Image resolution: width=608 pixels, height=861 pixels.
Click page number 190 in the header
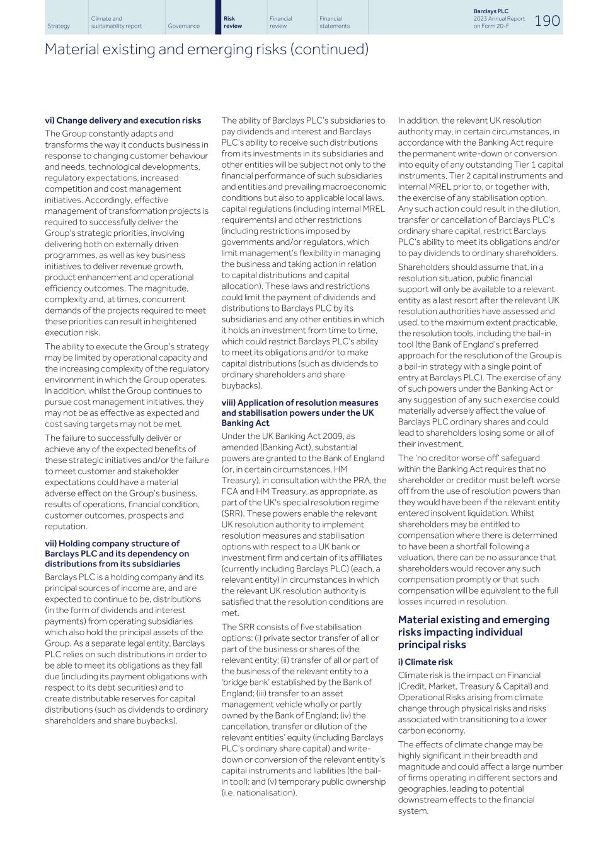(x=547, y=21)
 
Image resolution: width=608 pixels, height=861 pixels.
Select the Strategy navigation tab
(x=59, y=26)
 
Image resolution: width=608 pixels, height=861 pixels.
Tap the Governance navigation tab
(x=183, y=26)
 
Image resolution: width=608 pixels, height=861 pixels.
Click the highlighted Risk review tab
(x=232, y=22)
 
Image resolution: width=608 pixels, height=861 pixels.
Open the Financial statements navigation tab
(x=334, y=22)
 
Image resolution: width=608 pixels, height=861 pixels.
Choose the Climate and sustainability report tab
(x=116, y=22)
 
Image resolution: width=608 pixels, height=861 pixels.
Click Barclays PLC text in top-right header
(x=491, y=11)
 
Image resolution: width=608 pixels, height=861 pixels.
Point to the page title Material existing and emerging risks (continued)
(x=206, y=49)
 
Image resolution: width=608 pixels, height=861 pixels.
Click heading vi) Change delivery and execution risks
(x=123, y=120)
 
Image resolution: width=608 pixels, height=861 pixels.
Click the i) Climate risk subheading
(x=425, y=662)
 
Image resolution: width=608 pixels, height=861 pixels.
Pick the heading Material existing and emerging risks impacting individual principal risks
(x=473, y=632)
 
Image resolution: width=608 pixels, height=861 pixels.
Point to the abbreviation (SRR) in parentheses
(x=232, y=513)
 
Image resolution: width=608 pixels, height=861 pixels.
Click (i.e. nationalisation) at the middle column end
(x=259, y=793)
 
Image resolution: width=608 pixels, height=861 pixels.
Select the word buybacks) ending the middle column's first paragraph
(x=242, y=385)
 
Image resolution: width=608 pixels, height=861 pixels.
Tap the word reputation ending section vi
(x=66, y=527)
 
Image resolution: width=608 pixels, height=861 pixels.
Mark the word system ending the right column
(x=413, y=811)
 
